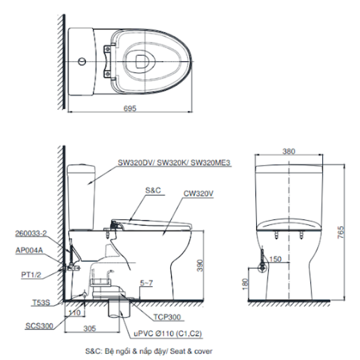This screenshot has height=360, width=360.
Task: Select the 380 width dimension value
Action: pos(289,152)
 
